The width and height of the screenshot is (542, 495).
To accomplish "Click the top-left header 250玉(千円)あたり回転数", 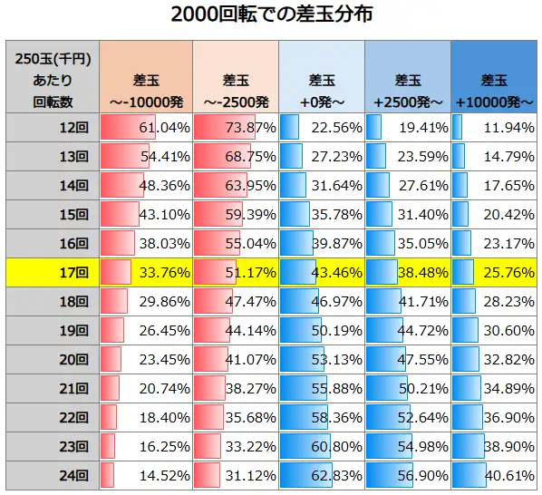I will (53, 77).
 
